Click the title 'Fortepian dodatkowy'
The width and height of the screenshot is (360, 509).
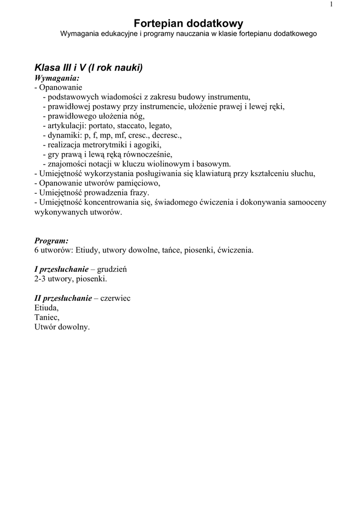[188, 23]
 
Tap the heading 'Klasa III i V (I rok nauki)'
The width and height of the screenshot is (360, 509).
[89, 68]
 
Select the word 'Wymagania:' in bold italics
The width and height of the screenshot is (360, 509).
[57, 78]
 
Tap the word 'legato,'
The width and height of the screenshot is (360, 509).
[161, 126]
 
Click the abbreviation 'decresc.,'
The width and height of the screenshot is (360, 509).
[167, 135]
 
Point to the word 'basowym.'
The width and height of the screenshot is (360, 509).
[214, 164]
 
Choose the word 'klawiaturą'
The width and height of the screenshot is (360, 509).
[229, 173]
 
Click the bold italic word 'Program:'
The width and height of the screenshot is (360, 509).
[52, 241]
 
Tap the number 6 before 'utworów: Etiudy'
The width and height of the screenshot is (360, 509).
[36, 250]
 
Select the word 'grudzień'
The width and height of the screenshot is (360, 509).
[112, 269]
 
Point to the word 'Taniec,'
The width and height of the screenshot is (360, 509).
[47, 318]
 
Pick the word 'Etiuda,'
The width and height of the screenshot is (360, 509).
[46, 308]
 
